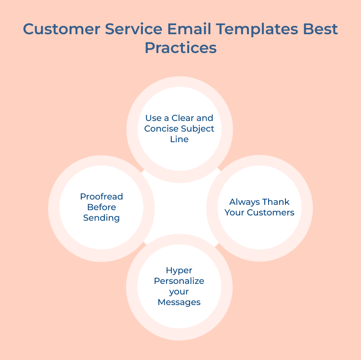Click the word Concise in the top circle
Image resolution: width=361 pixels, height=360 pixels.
click(x=161, y=129)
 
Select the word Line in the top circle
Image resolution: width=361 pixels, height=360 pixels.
click(x=179, y=139)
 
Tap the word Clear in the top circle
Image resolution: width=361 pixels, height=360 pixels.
click(x=184, y=118)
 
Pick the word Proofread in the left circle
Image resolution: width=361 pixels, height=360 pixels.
click(x=102, y=197)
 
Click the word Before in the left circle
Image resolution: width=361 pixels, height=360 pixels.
click(x=102, y=207)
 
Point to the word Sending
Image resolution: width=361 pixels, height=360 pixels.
click(x=102, y=218)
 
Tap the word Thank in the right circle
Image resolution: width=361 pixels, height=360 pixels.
click(x=276, y=202)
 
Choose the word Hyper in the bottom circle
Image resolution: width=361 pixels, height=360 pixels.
click(x=179, y=270)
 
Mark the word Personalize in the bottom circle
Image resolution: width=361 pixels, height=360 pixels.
click(x=179, y=281)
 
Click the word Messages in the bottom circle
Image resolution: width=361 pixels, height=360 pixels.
click(x=179, y=302)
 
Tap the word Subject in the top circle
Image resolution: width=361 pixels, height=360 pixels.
click(x=198, y=129)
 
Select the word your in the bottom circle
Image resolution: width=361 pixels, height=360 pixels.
click(x=179, y=292)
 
